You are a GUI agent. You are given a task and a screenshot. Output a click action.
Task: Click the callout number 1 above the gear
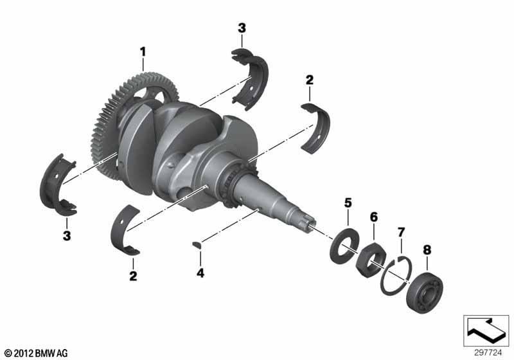tap(143, 51)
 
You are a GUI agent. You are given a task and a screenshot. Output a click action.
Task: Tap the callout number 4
tap(200, 273)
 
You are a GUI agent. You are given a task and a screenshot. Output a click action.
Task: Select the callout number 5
tap(348, 203)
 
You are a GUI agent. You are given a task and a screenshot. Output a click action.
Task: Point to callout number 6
tap(374, 217)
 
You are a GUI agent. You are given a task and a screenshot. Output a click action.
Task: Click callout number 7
tap(401, 232)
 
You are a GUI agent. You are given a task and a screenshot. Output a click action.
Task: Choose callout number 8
tap(427, 250)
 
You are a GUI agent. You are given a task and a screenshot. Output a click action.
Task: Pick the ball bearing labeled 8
tap(425, 292)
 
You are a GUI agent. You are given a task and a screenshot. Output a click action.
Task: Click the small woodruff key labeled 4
tap(198, 244)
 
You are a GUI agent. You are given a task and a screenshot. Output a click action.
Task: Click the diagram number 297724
tap(488, 353)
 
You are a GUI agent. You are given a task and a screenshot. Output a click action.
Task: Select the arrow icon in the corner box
tap(486, 330)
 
